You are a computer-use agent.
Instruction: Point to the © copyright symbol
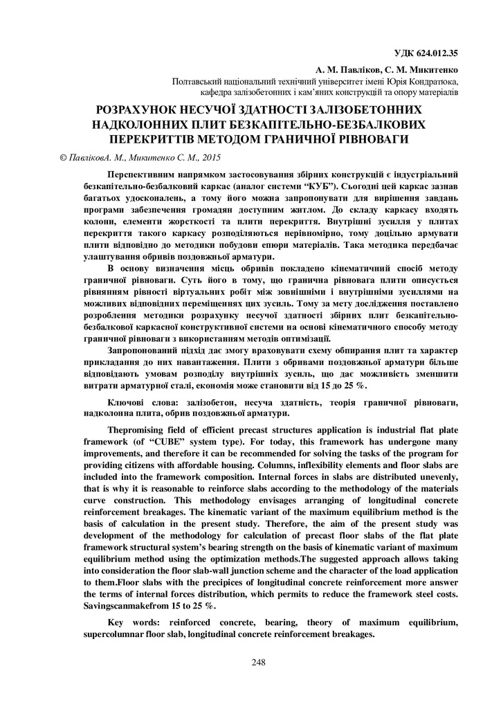pyautogui.click(x=64, y=158)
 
